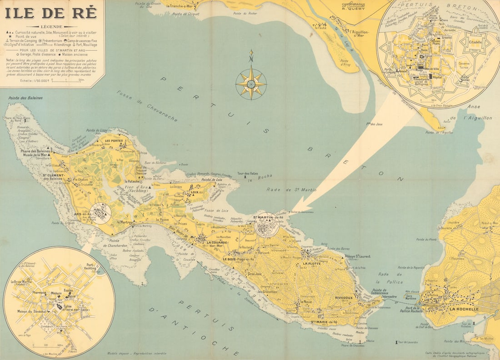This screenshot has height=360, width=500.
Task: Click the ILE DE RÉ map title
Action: pyautogui.click(x=51, y=13)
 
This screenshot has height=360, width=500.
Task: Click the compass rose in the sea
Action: pyautogui.click(x=251, y=83)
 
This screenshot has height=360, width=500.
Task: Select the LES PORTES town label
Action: pyautogui.click(x=114, y=141)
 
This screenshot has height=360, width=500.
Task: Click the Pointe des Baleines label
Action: pyautogui.click(x=25, y=98)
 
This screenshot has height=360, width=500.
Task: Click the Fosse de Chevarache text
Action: pyautogui.click(x=147, y=106)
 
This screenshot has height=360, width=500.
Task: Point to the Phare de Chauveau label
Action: pyautogui.click(x=352, y=345)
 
